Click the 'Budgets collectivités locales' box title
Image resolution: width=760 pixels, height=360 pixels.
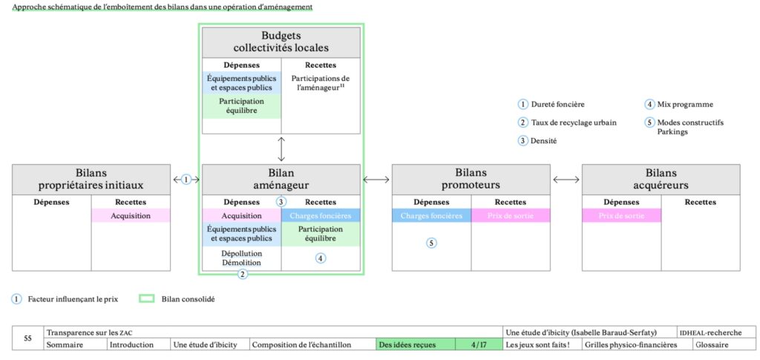(x=281, y=42)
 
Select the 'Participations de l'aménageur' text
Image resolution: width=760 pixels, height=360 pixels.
(x=321, y=82)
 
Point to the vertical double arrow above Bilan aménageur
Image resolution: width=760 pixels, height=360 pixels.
(x=281, y=148)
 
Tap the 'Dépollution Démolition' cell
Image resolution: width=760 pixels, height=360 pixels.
(x=241, y=258)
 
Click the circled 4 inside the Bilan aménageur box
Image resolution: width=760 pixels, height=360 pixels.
(x=321, y=258)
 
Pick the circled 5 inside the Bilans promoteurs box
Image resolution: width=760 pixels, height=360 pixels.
(x=431, y=243)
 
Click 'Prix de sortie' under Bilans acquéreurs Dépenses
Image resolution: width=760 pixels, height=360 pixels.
(x=621, y=216)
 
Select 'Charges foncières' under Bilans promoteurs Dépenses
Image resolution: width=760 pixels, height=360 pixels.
(x=431, y=216)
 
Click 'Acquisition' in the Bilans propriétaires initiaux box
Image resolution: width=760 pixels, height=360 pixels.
(x=131, y=216)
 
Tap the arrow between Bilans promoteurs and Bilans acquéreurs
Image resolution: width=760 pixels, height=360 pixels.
(x=566, y=179)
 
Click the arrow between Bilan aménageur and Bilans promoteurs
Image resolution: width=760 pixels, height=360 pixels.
(x=376, y=179)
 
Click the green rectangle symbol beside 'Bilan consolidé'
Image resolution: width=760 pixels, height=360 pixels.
(x=148, y=299)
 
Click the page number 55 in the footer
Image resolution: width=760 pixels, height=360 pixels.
(x=27, y=338)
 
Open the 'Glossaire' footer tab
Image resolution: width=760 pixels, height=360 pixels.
(x=712, y=344)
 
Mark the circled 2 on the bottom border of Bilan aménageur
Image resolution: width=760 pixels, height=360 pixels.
(x=242, y=274)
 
